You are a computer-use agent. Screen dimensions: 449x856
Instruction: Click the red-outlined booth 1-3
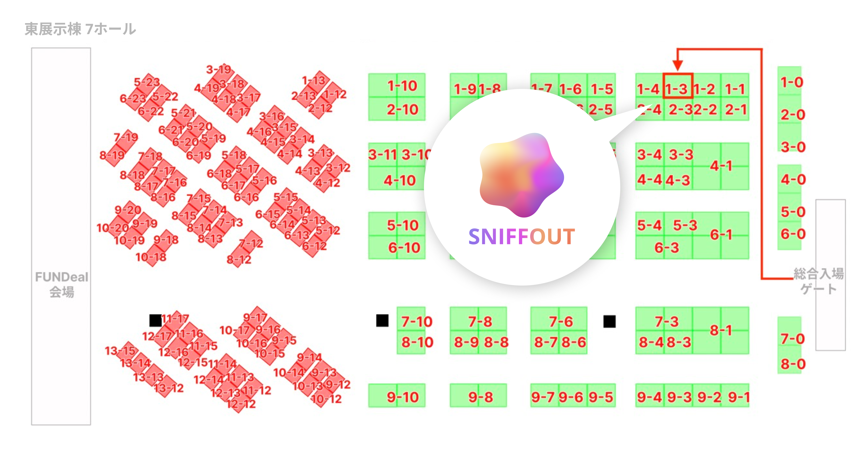tap(678, 86)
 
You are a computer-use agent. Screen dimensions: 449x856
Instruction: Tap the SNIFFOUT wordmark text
tap(521, 237)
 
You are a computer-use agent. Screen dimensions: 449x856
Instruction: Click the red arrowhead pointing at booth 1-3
tap(678, 65)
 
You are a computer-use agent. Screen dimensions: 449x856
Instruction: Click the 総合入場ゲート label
tap(818, 281)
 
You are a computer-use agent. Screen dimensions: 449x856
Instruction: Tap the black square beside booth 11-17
tap(156, 320)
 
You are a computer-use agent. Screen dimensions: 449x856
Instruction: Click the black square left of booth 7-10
tap(382, 321)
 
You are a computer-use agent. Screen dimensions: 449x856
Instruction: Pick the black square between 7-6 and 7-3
tap(610, 321)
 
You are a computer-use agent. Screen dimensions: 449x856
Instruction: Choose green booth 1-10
tap(402, 86)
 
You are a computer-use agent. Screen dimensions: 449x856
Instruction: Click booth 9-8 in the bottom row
tap(480, 396)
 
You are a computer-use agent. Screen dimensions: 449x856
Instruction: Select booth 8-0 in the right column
tap(793, 363)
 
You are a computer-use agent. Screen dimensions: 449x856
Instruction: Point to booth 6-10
tap(404, 248)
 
